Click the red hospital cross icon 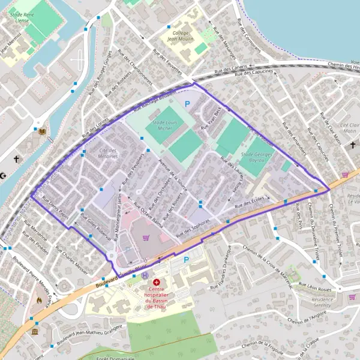point(157,282)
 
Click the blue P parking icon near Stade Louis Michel point(187,104)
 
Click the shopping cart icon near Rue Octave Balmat point(145,237)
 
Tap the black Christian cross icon point(16,160)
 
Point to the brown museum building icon point(35,332)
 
